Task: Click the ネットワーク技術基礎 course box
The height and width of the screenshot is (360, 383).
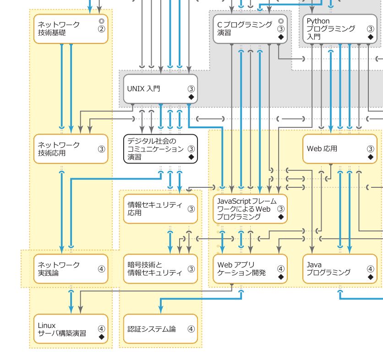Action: coord(71,29)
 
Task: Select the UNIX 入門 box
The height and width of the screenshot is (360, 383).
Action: coord(160,89)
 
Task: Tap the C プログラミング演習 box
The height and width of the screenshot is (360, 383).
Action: coord(250,29)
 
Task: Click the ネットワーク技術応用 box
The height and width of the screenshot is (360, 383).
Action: coord(71,149)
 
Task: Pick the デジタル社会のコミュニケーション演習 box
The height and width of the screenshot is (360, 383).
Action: coord(160,149)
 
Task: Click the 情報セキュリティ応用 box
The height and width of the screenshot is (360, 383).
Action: coord(160,209)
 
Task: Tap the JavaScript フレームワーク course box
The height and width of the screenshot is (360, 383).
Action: coord(250,209)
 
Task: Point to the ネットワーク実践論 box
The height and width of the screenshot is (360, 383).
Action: coord(71,269)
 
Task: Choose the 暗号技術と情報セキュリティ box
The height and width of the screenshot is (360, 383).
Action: coord(160,269)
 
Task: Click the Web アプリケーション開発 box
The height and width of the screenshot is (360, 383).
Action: coord(250,269)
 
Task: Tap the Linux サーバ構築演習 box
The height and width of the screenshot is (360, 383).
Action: coord(71,329)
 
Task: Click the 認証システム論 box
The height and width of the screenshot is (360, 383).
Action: coord(160,329)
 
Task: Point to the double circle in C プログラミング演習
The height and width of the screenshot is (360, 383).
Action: coord(281,21)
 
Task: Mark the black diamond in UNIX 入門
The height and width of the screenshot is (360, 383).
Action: coord(191,98)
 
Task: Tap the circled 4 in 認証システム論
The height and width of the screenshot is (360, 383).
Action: coord(191,329)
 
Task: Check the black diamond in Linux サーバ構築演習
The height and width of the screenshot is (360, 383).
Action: coord(101,337)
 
